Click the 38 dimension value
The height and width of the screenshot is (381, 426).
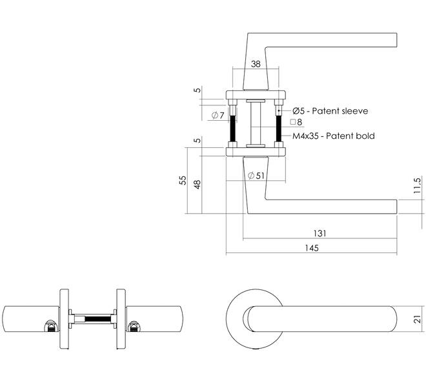point(256,64)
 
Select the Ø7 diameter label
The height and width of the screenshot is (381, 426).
point(218,115)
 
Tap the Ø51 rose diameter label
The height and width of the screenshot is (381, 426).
point(256,176)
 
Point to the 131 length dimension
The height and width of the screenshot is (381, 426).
point(319,233)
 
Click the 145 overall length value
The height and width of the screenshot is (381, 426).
point(312,248)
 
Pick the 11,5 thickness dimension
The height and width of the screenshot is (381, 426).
point(417,185)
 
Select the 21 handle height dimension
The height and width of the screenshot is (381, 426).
point(417,319)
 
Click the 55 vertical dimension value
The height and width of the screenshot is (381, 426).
point(183,180)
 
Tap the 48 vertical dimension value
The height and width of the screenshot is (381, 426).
point(198,184)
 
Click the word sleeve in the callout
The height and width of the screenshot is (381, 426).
point(355,111)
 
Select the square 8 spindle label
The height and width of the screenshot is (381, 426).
point(296,122)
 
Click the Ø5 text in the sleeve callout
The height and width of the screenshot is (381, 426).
point(299,111)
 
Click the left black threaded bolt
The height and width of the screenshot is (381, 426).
point(232,129)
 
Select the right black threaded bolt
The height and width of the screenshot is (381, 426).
point(278,129)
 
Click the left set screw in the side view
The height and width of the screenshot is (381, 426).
point(50,326)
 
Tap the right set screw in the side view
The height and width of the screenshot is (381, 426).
point(134,326)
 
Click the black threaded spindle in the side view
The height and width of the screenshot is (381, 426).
point(98,319)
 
